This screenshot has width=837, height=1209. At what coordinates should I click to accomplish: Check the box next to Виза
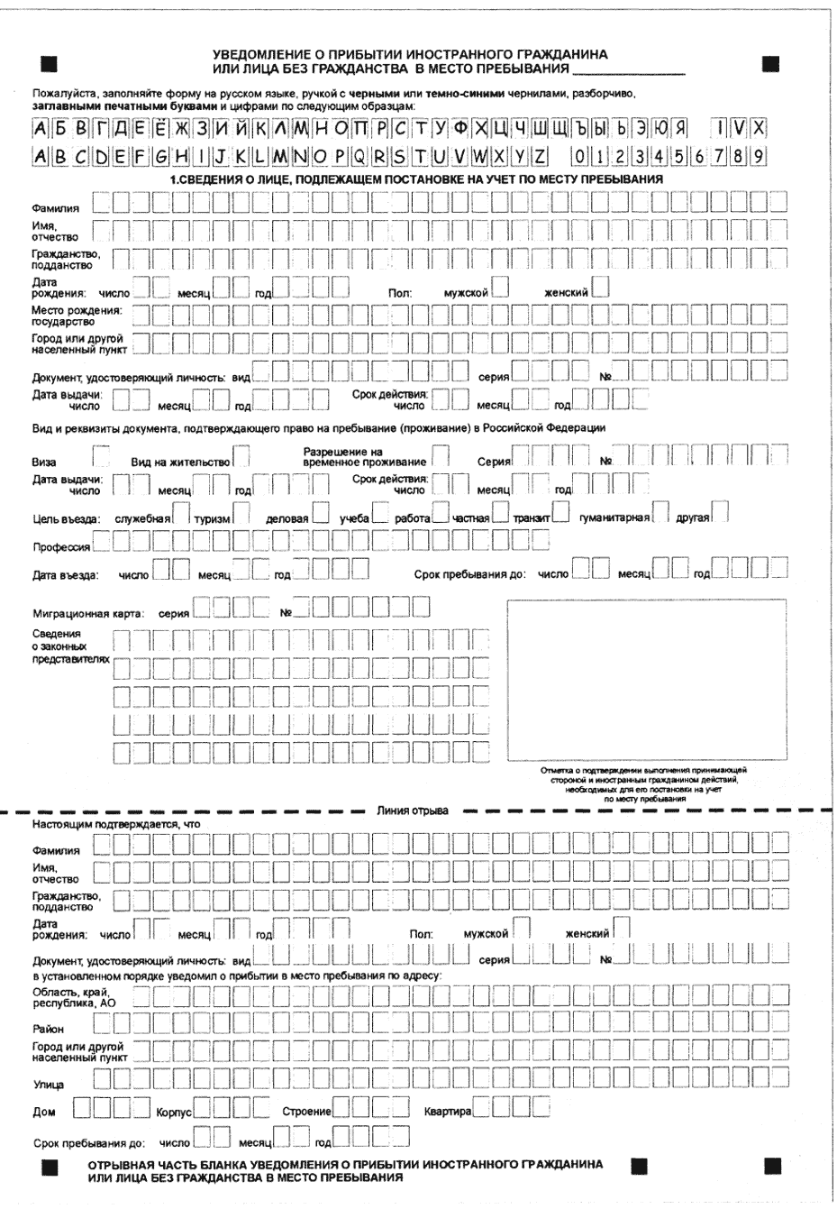[x=103, y=454]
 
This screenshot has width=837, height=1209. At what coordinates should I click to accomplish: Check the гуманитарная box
[x=661, y=514]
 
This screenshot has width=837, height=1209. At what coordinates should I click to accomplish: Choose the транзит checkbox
[x=560, y=514]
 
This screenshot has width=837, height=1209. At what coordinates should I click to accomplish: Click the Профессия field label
[x=61, y=547]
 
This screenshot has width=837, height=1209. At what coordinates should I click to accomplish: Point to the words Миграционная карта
[x=88, y=614]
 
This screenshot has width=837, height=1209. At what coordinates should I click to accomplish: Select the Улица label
[x=48, y=1085]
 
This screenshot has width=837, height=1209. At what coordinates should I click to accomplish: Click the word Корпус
[x=175, y=1113]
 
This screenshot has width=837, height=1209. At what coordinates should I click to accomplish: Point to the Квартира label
[x=448, y=1113]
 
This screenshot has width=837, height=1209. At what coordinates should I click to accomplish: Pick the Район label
[x=48, y=1029]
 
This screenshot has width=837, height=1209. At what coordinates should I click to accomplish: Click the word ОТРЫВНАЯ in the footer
[x=122, y=1165]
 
